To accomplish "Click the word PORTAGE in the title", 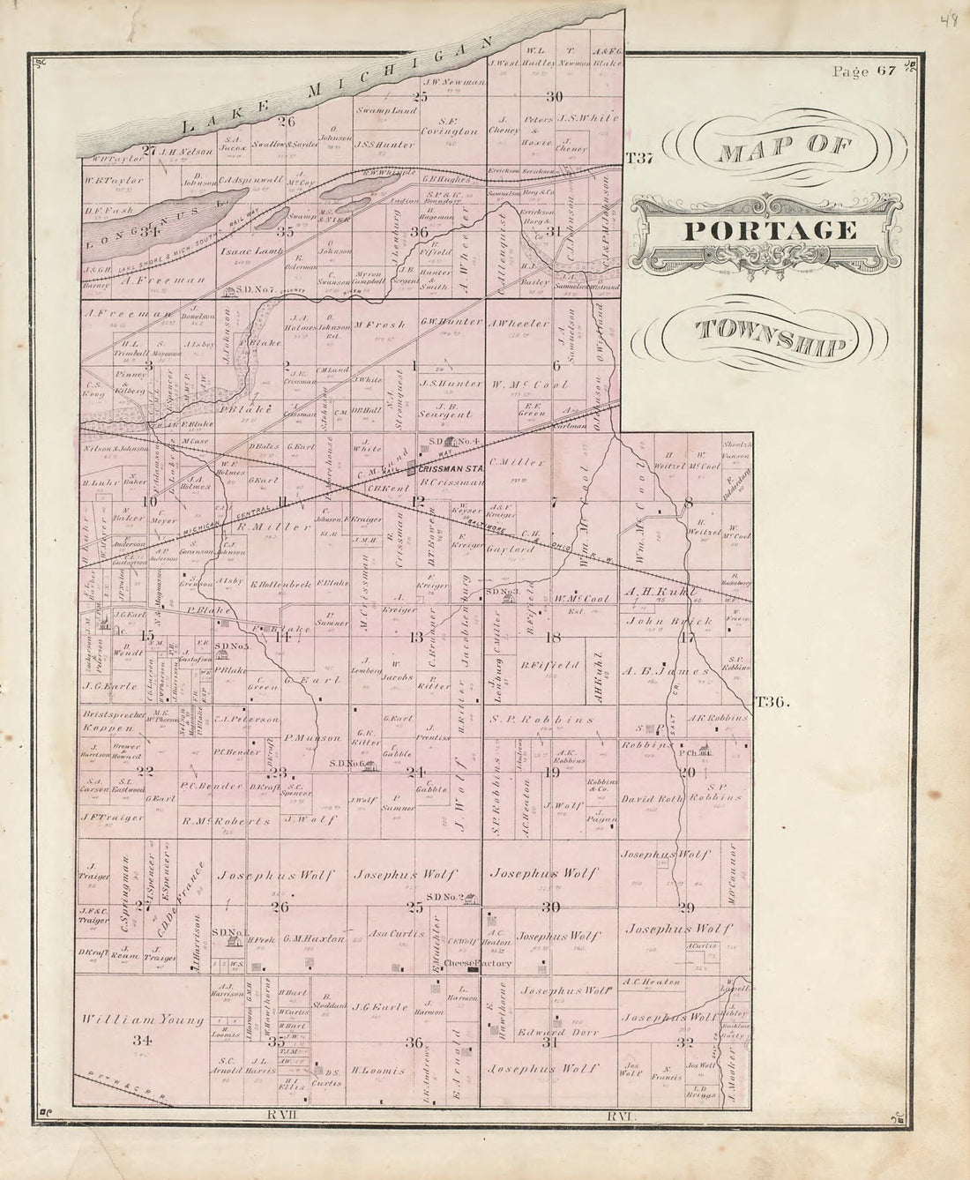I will tap(770, 231).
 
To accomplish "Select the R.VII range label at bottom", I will tap(282, 1117).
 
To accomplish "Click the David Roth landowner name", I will tap(653, 799).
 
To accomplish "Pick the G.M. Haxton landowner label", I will tap(313, 939).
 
